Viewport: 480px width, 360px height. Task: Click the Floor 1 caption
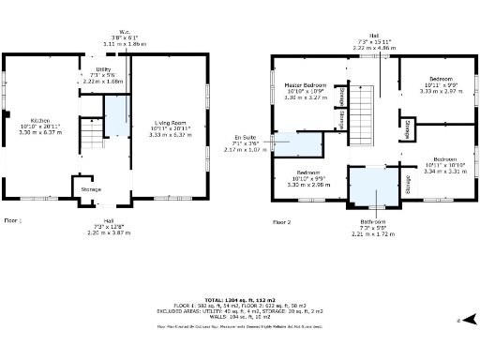[13, 220]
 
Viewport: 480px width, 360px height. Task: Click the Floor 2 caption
[283, 222]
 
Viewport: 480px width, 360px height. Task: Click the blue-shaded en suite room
[298, 143]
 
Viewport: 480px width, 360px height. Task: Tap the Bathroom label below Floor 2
[373, 221]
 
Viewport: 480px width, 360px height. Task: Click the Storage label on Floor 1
[91, 189]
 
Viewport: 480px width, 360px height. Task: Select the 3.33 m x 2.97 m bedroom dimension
[441, 92]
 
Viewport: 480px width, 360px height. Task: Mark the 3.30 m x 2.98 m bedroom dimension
[309, 186]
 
